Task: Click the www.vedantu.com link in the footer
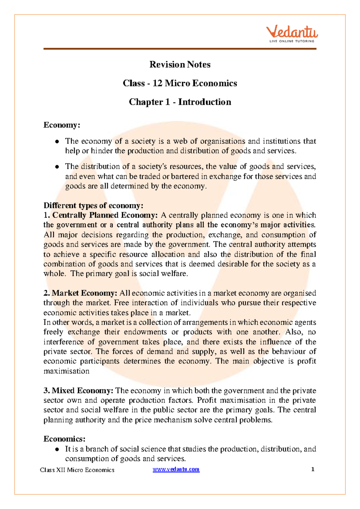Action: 176,469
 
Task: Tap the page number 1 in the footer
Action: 313,469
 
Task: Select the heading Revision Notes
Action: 180,65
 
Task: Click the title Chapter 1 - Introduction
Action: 180,102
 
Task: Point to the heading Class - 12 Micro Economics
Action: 180,83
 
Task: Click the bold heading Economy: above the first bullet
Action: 62,125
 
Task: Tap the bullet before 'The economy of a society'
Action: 56,141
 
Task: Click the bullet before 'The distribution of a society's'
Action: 56,167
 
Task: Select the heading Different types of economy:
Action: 93,206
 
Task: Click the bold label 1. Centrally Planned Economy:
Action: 100,215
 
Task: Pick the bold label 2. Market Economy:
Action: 80,293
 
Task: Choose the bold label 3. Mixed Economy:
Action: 78,390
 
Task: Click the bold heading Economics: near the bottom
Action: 64,439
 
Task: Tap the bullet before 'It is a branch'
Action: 56,449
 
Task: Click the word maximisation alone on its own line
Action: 66,371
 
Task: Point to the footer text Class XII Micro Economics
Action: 77,470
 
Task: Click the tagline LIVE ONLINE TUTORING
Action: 292,41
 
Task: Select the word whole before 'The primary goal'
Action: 54,274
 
